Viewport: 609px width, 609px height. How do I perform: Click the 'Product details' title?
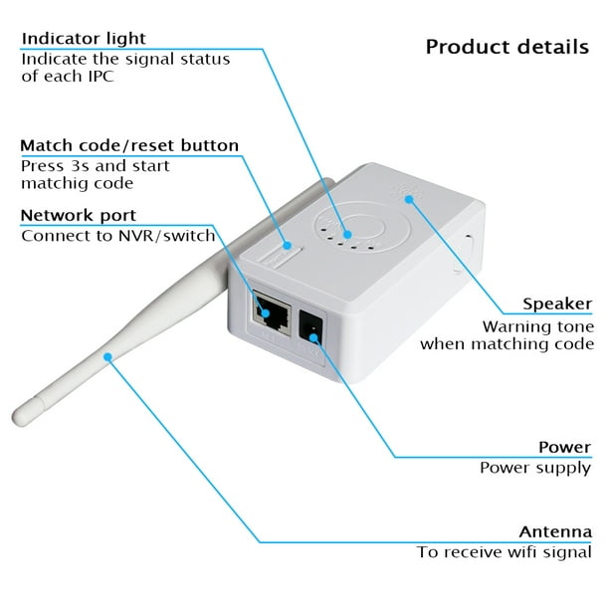[507, 47]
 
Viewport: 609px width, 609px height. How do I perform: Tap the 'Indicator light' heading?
[84, 39]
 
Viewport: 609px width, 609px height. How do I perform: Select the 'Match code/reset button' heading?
[129, 145]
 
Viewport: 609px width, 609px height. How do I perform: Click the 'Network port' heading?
[78, 216]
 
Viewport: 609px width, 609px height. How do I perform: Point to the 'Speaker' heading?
[557, 304]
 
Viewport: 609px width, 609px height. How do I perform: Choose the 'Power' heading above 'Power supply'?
[565, 447]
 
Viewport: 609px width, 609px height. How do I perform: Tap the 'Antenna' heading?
[555, 531]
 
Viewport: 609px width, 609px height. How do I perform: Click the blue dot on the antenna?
[108, 357]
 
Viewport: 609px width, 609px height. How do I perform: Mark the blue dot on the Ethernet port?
[266, 313]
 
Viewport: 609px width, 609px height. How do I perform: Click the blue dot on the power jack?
[313, 337]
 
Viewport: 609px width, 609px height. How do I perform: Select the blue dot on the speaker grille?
[409, 199]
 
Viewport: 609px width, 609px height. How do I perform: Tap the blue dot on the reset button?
[287, 246]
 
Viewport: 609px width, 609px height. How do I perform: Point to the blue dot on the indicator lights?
[347, 234]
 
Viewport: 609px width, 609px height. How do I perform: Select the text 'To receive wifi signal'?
[505, 552]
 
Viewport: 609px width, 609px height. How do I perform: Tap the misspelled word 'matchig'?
[50, 184]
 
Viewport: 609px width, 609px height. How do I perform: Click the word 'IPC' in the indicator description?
[101, 76]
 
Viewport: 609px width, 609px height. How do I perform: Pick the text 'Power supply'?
[535, 468]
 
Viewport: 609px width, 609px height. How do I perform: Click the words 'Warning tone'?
[538, 326]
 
